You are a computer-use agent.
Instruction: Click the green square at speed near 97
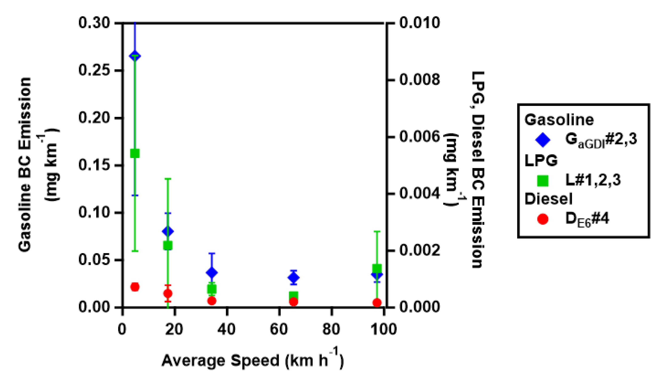click(x=377, y=268)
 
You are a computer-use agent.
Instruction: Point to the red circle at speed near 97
click(x=377, y=303)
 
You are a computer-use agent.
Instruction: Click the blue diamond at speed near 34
click(x=212, y=273)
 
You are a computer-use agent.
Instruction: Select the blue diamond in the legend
click(x=543, y=140)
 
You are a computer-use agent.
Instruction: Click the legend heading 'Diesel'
click(x=549, y=199)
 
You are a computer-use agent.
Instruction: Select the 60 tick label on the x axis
click(x=279, y=329)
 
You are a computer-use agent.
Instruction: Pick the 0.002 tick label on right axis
click(x=420, y=250)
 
